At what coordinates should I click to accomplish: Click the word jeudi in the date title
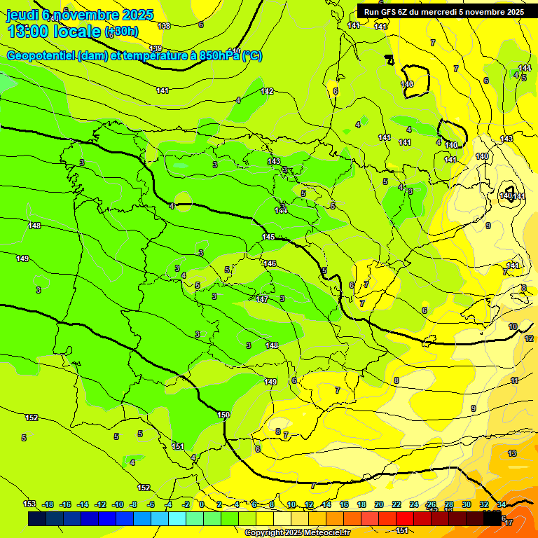tap(22, 14)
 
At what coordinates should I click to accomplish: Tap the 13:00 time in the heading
tap(27, 31)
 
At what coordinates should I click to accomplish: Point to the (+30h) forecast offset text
tap(121, 31)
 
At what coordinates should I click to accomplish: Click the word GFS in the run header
tap(387, 12)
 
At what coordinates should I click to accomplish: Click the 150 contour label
tap(223, 415)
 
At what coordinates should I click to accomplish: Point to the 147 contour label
tap(262, 299)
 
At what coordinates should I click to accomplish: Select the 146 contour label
tap(270, 263)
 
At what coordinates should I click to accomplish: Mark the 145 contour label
tap(268, 237)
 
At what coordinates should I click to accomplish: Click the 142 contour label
tap(267, 91)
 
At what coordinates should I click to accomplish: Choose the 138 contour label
tap(165, 26)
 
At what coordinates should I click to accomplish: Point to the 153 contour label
tap(29, 504)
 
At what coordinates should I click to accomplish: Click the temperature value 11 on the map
tap(514, 380)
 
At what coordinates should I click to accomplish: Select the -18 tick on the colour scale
tap(48, 504)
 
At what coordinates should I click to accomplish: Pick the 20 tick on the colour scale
tap(379, 504)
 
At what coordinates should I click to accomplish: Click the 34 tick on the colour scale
tap(502, 504)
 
